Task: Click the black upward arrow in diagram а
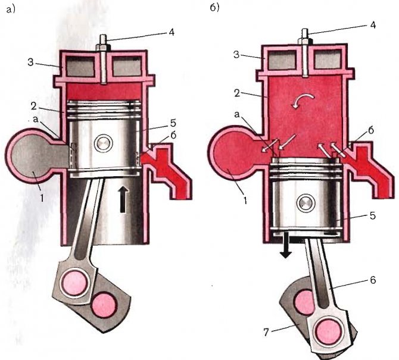(x=124, y=199)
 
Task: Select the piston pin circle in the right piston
(x=306, y=204)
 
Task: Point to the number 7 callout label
(x=266, y=332)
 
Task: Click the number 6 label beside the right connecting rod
(x=373, y=280)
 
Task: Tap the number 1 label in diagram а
(x=42, y=198)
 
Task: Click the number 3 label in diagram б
(x=236, y=54)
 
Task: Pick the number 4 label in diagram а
(x=172, y=32)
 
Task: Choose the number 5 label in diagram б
(x=373, y=216)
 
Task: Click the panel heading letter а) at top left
(x=11, y=10)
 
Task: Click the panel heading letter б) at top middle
(x=214, y=8)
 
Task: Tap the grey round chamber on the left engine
(x=33, y=156)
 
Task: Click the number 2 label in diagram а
(x=33, y=106)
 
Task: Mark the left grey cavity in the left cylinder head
(x=80, y=65)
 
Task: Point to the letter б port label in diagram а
(x=173, y=135)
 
